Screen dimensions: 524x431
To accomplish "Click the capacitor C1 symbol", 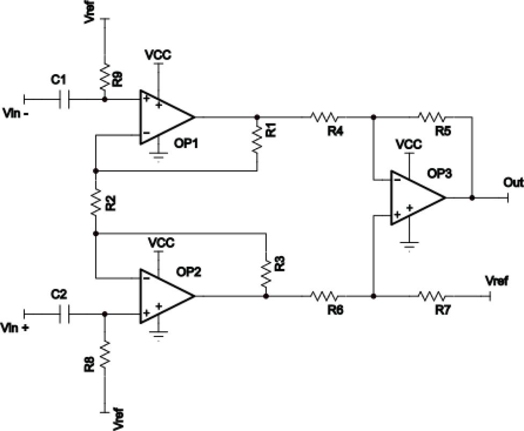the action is click(64, 99).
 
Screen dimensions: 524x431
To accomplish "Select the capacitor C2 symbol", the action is click(64, 314).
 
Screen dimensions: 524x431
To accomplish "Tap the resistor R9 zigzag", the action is click(105, 76).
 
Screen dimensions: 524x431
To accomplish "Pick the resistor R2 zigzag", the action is click(96, 201).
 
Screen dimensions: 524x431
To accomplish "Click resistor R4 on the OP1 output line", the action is click(324, 117).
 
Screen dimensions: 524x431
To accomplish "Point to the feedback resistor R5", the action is click(432, 117).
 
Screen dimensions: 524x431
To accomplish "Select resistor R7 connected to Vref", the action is click(432, 296).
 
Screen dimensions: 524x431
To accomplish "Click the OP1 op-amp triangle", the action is click(167, 117).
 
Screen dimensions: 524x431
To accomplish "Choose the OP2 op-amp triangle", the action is click(167, 296).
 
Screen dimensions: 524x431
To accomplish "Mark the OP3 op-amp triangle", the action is click(418, 198).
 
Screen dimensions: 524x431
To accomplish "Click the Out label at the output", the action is click(513, 182).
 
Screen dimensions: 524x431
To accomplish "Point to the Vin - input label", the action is click(16, 113).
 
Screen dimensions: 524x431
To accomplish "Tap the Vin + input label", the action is click(15, 328).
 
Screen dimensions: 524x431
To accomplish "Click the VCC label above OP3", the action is click(409, 144).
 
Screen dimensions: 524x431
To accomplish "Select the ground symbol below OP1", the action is click(158, 157).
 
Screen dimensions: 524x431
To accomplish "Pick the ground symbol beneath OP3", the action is click(409, 246).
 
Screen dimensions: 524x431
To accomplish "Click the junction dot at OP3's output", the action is click(472, 198).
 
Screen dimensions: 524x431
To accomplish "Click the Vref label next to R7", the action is click(497, 281).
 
